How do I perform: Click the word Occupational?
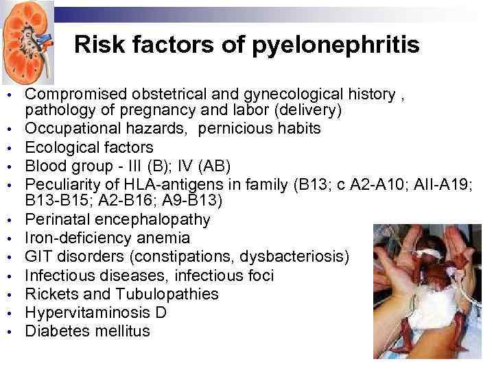coord(69,128)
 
